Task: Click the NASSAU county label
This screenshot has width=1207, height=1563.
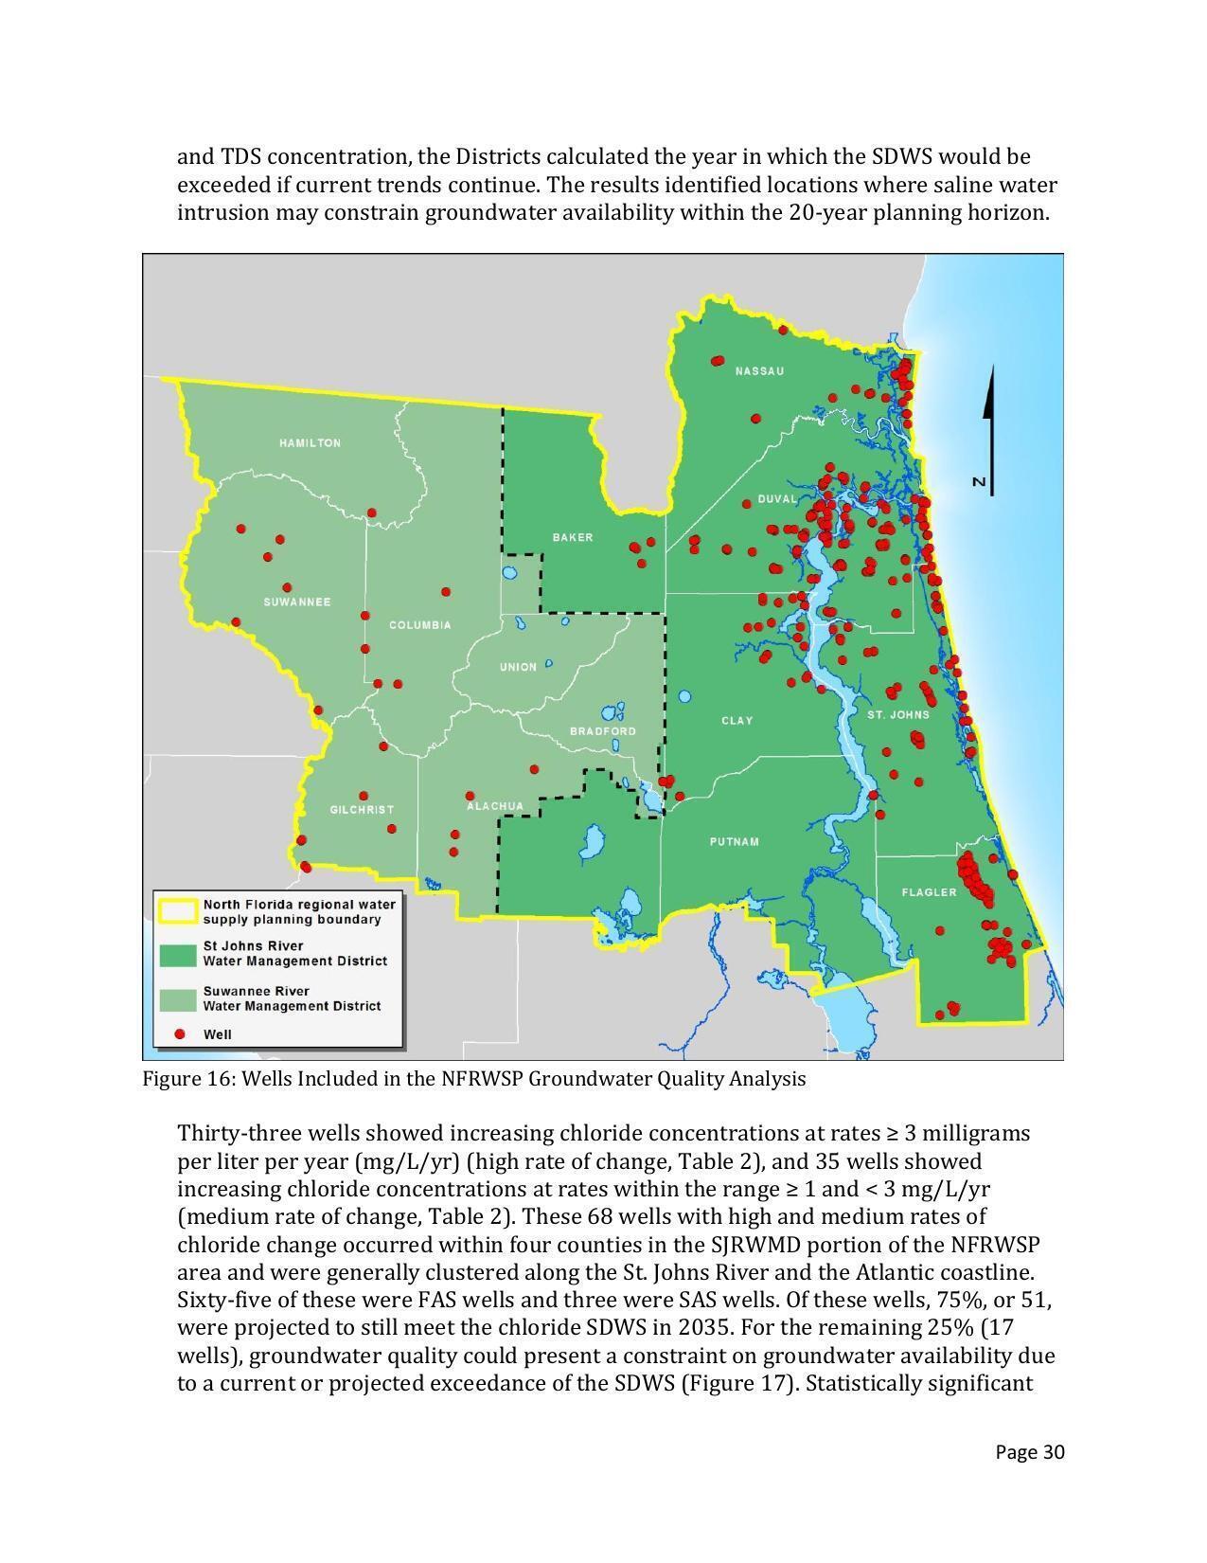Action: click(760, 371)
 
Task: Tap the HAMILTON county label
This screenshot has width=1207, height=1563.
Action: click(310, 443)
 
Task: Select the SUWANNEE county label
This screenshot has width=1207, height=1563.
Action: click(296, 602)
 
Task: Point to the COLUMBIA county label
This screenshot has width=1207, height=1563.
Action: click(420, 625)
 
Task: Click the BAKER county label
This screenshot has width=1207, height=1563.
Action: click(573, 538)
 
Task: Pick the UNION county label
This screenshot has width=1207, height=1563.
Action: click(518, 667)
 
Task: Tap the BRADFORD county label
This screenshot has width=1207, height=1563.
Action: click(603, 731)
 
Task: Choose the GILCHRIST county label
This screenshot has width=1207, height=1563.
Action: click(362, 810)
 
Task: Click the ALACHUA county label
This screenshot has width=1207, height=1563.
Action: click(495, 806)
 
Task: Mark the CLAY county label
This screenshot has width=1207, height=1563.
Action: click(737, 721)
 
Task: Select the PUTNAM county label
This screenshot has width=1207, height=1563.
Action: click(735, 842)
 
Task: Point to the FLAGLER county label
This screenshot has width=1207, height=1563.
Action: click(930, 892)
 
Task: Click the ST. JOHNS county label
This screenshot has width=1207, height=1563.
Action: click(898, 715)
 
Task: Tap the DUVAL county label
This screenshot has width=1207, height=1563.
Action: click(777, 499)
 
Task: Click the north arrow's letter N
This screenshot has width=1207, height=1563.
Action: click(980, 483)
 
